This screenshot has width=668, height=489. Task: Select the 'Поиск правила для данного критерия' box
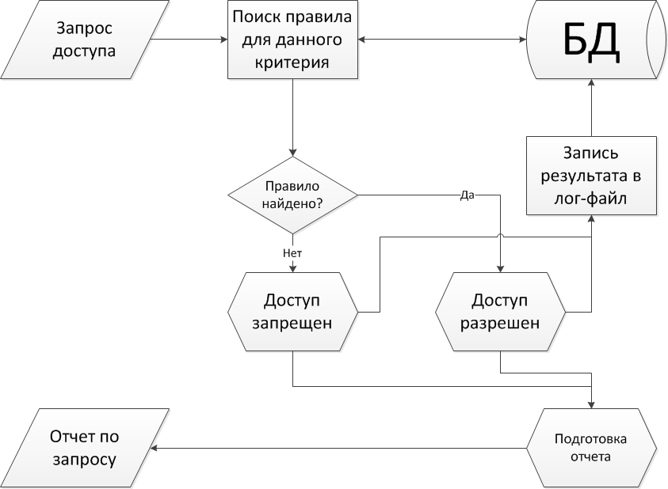tap(292, 40)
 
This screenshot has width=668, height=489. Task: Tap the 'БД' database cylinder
tap(591, 40)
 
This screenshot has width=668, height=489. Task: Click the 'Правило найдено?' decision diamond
tap(292, 195)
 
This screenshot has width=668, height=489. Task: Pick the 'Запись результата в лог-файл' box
tap(591, 176)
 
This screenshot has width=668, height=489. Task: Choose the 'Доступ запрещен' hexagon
tap(292, 313)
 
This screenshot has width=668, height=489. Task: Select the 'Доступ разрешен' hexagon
tap(501, 313)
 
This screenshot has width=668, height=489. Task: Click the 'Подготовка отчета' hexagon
tap(592, 448)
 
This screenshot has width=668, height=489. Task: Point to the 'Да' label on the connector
tap(467, 195)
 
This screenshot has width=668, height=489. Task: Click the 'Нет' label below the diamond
tap(292, 253)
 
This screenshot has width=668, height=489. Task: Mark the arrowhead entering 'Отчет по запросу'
tap(156, 448)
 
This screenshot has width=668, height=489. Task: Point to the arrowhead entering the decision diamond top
tap(292, 153)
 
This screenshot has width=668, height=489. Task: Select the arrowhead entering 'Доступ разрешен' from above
tap(501, 269)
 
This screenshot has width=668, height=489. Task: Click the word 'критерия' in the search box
tap(292, 62)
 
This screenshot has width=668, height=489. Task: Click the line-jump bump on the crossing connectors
tap(501, 236)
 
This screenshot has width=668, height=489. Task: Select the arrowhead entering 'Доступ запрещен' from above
tap(292, 270)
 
